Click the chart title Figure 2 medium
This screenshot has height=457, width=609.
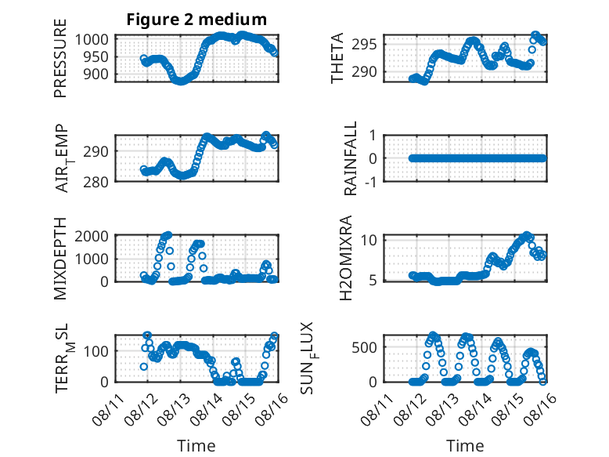(x=196, y=20)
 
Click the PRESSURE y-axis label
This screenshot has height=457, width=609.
(x=60, y=58)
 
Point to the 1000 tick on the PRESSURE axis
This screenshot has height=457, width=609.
(x=92, y=40)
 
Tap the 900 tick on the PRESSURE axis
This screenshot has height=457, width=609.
(x=96, y=74)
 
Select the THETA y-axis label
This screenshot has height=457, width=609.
(x=337, y=58)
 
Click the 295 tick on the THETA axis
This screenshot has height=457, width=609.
(x=364, y=45)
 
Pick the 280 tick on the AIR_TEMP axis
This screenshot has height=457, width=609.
(x=96, y=182)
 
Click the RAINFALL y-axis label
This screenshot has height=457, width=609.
(x=351, y=158)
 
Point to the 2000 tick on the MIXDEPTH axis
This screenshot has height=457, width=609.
(x=92, y=236)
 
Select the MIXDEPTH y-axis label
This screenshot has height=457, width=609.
(x=60, y=258)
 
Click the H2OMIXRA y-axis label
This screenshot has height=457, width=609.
(x=345, y=258)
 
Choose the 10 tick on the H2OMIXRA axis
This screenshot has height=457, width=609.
(x=369, y=240)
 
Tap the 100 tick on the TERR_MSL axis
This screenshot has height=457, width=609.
(x=96, y=352)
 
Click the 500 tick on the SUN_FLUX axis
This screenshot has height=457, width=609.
(x=364, y=347)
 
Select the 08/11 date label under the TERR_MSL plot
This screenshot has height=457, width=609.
(x=109, y=409)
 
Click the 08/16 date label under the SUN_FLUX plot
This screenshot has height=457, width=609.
(x=540, y=409)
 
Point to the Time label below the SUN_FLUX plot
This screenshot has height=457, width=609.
(x=465, y=446)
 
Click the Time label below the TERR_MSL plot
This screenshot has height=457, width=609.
(x=196, y=446)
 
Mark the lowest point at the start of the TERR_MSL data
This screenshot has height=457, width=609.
(x=144, y=366)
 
